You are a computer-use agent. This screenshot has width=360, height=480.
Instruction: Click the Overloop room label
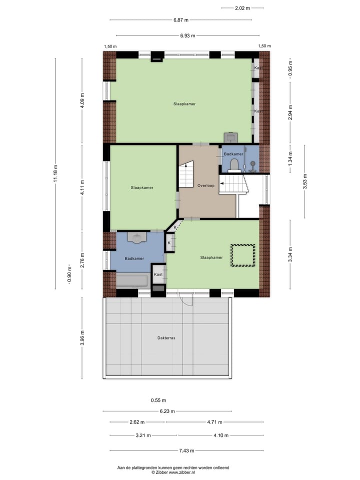tap(205, 185)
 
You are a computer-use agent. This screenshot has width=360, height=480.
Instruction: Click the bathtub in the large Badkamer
tap(132, 280)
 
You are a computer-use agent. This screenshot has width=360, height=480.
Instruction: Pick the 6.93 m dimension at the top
tap(187, 35)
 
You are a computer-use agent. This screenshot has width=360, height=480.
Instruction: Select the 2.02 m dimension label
tap(242, 8)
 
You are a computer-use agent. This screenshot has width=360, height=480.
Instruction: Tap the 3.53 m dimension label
tap(306, 182)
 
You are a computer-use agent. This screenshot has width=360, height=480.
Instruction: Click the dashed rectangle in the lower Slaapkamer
tap(242, 255)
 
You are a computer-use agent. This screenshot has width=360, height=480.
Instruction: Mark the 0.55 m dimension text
tap(158, 400)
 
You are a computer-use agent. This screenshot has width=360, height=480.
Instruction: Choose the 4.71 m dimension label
tap(214, 422)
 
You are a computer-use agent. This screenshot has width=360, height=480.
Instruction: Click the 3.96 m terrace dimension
tap(82, 337)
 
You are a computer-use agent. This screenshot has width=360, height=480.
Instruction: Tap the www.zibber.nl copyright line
tap(173, 472)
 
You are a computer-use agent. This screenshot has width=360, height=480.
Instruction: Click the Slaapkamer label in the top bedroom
tap(184, 104)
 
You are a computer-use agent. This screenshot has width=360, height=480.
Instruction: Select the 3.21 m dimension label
tap(143, 435)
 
